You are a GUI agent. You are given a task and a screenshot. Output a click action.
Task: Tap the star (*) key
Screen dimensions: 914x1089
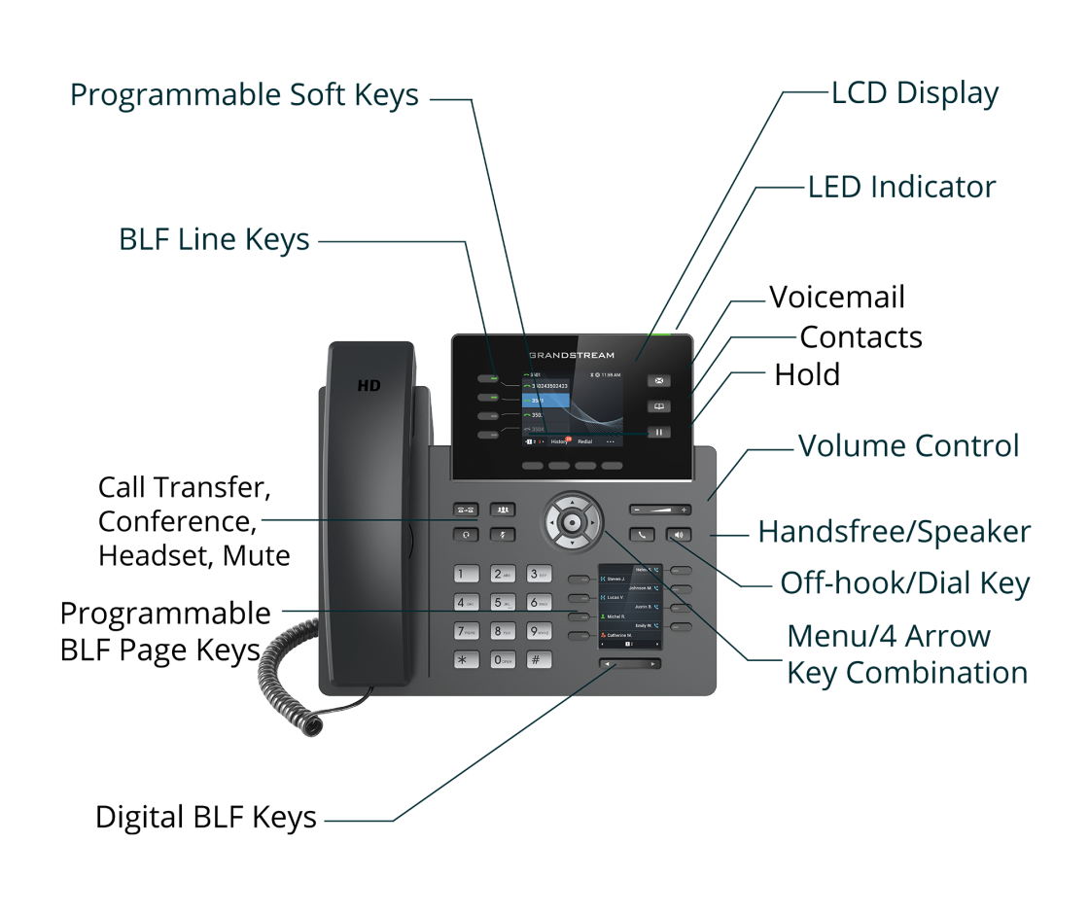tap(467, 659)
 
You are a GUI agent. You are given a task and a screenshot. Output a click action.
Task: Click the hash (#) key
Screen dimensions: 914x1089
tap(539, 659)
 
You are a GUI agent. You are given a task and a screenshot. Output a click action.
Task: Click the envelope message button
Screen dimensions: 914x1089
tap(659, 381)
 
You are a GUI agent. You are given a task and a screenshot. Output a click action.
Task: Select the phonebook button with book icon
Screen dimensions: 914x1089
tap(659, 406)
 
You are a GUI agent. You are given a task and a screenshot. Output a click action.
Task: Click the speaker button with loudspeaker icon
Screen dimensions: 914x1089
tap(678, 534)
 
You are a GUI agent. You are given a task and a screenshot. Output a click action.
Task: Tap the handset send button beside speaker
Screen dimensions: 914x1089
tap(642, 534)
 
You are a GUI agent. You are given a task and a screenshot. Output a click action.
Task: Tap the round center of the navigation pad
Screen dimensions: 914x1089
tap(573, 523)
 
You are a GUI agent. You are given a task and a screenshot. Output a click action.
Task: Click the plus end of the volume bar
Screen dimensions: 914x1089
tap(685, 510)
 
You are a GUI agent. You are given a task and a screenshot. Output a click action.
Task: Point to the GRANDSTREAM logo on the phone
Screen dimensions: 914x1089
tap(572, 355)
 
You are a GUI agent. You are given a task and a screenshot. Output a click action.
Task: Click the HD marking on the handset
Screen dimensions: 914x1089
tap(369, 385)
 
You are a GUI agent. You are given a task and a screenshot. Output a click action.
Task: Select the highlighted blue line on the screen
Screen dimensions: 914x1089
tap(545, 400)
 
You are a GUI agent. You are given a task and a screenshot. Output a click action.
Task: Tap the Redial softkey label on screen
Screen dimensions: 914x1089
tap(584, 441)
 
